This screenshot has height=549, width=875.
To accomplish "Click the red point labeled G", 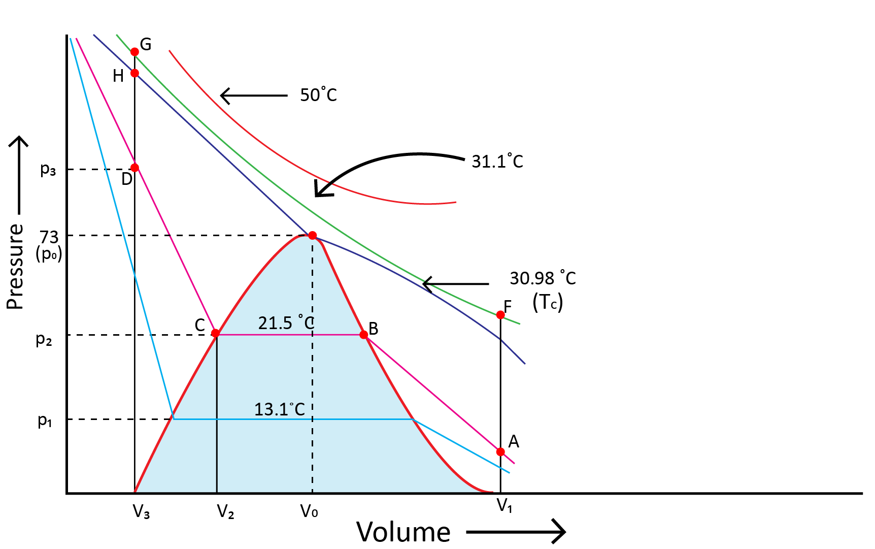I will coord(134,52).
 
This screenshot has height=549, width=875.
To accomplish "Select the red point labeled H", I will coord(134,73).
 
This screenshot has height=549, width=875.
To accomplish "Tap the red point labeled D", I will coord(134,168).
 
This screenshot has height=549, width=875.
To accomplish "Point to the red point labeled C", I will coord(215,333).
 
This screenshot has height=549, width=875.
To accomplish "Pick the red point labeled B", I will coord(364,335).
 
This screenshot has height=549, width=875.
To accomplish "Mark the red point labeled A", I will coord(500,451).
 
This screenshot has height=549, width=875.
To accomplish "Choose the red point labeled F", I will coord(500,315).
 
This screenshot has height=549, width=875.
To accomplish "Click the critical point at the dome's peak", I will coord(313,235).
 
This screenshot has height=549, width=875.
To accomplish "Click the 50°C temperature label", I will coord(318,95).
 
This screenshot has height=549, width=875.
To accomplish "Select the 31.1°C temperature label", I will coord(497,162).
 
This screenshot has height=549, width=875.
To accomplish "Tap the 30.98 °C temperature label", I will coord(543,278).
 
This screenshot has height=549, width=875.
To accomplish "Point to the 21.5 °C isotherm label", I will coord(286,323).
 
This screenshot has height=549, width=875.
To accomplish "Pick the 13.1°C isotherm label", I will coord(279,409).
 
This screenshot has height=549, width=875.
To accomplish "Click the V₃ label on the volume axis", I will coord(141,511).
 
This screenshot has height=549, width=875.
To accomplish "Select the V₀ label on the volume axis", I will coord(309,511).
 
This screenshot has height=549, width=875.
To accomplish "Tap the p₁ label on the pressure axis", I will coord(45,421).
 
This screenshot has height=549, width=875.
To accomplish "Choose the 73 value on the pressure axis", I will coord(49,237).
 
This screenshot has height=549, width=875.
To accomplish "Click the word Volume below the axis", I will coord(403,532).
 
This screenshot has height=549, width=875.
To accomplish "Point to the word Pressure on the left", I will coord(16,266).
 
